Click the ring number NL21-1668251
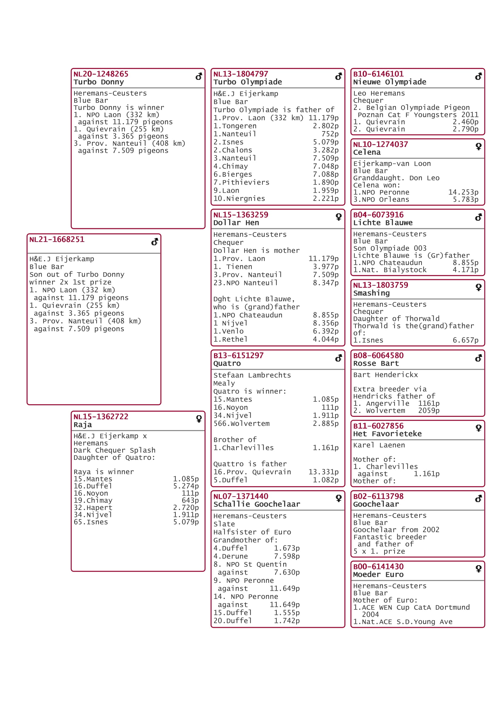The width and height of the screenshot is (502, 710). point(57,239)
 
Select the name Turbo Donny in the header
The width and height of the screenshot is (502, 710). point(99,82)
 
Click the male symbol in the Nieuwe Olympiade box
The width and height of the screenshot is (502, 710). point(478,76)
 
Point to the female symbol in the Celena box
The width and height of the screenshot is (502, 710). point(479,147)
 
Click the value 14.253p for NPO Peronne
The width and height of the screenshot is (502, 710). point(463,192)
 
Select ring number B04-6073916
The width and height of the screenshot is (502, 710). point(378,215)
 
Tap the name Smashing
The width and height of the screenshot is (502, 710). point(371,293)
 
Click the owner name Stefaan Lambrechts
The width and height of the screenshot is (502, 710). point(252,375)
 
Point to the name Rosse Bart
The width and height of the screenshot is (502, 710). point(376,363)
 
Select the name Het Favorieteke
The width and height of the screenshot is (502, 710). point(387,433)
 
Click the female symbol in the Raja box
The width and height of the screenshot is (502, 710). point(199,419)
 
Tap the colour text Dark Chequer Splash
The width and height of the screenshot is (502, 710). point(114,450)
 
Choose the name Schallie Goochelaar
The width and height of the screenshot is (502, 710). point(256,504)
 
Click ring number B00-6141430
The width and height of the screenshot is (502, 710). point(378,566)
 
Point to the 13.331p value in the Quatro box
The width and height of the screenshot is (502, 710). point(323,472)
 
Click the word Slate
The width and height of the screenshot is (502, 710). point(224,524)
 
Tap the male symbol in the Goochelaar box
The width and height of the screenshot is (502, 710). point(478,498)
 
